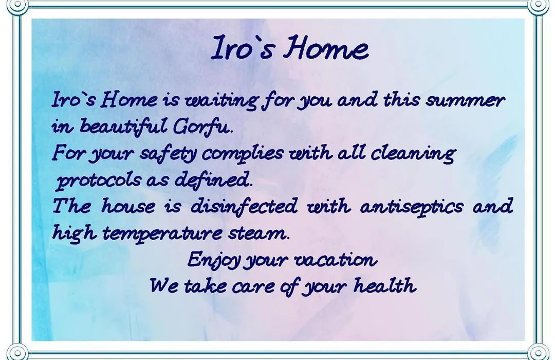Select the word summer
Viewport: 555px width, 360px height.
[465, 100]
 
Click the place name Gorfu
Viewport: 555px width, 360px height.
[203, 127]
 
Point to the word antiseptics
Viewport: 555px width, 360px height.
[411, 207]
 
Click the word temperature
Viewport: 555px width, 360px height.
[162, 233]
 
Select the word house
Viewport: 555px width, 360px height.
[128, 206]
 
